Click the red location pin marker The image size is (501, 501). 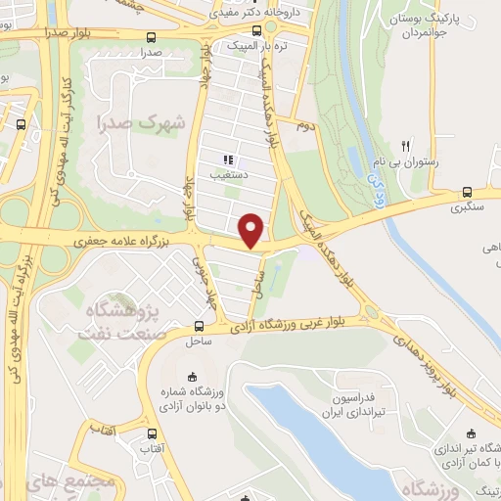(x=252, y=230)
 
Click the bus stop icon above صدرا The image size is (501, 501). (x=150, y=38)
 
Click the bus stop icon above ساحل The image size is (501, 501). (x=199, y=327)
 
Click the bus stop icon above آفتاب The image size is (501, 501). (x=151, y=433)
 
